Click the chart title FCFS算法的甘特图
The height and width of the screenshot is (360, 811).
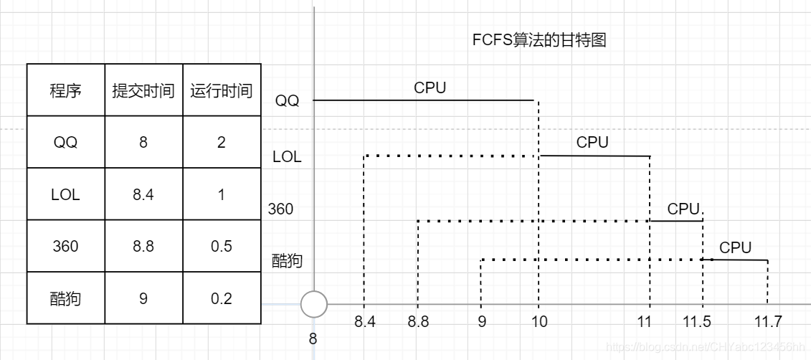[539, 40]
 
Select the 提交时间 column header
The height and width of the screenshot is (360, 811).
[143, 91]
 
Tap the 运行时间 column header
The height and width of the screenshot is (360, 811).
[221, 91]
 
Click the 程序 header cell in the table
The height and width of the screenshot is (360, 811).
[65, 91]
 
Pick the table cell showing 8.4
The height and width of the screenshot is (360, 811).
[143, 194]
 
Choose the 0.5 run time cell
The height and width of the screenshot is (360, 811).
[221, 246]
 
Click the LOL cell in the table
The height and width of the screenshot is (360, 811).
[65, 194]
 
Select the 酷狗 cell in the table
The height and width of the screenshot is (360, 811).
[65, 298]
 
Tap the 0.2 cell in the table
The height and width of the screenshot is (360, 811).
[221, 298]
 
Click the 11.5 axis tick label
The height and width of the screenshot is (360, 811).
[696, 322]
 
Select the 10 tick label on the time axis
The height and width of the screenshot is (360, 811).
[539, 322]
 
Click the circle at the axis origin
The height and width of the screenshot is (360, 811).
[313, 304]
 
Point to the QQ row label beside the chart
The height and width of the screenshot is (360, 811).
[288, 101]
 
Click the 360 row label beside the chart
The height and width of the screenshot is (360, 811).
[280, 209]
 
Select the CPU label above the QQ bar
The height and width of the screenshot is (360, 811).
[430, 88]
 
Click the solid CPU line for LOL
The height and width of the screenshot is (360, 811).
[594, 156]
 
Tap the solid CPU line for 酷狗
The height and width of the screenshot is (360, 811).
[739, 260]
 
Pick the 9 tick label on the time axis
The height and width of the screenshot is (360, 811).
[482, 322]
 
